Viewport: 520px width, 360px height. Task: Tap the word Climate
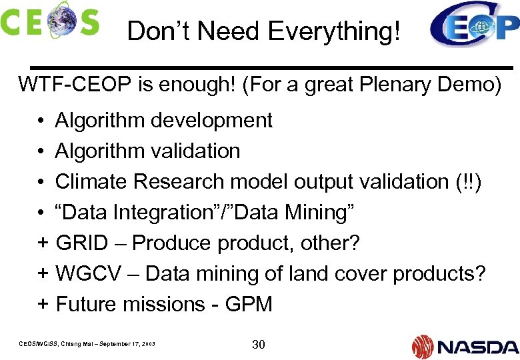click(90, 181)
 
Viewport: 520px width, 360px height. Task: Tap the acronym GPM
click(249, 304)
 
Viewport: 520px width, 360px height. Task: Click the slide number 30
click(259, 344)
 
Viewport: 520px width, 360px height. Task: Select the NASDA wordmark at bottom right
click(477, 346)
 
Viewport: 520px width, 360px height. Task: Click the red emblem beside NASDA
click(423, 346)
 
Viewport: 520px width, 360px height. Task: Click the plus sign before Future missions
click(43, 304)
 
